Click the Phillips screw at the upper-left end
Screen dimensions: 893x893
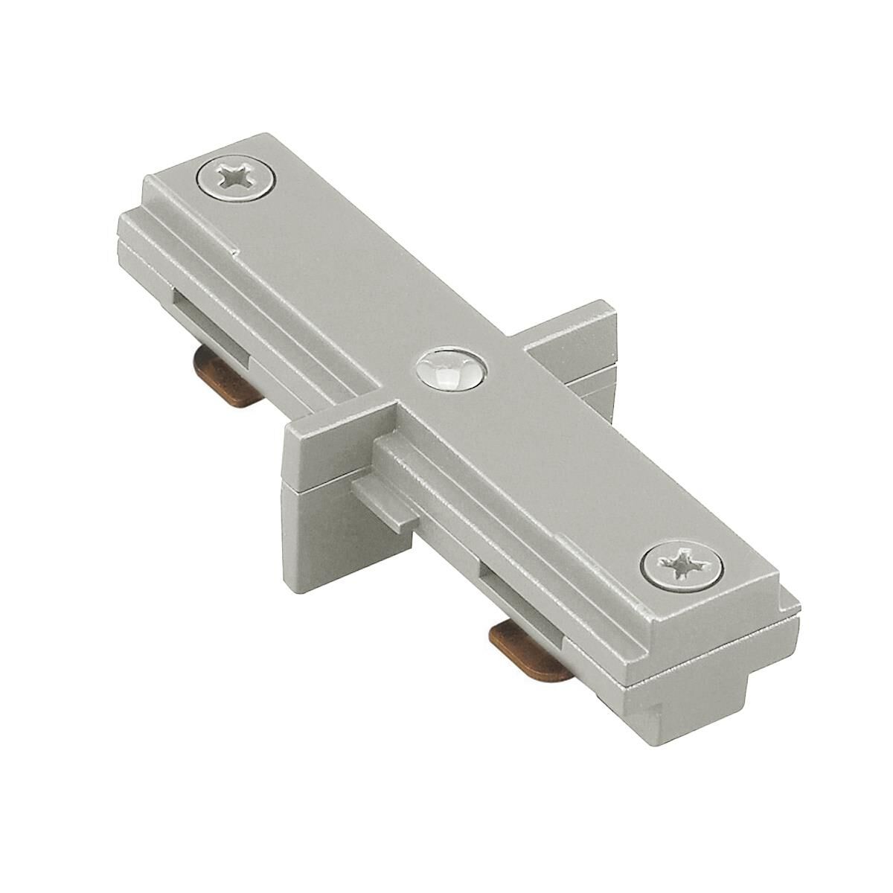point(236,179)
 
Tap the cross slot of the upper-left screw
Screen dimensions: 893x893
point(236,179)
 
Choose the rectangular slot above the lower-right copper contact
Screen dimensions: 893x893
point(513,588)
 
